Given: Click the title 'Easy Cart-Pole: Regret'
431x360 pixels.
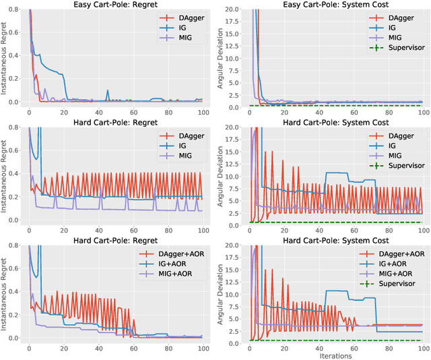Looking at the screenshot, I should coord(115,5).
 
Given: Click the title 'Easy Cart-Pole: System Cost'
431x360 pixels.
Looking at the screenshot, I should coord(335,5).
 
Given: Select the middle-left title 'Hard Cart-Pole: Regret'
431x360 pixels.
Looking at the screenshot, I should coord(115,123).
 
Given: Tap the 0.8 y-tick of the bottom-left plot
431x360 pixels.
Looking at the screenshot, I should coord(14,246).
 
